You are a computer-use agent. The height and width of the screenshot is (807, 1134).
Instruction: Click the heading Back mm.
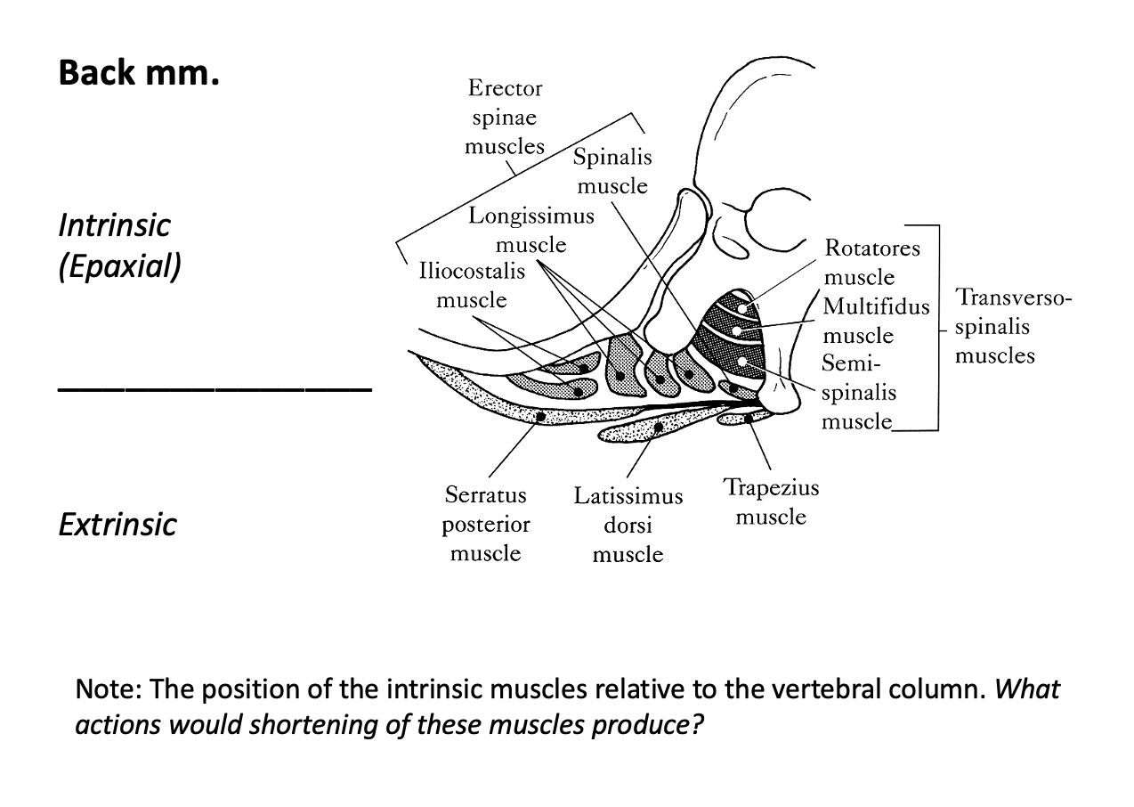(x=138, y=73)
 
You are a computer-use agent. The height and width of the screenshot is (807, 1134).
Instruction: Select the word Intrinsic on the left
(x=113, y=225)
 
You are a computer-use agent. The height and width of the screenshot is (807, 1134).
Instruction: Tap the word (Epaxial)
(x=119, y=267)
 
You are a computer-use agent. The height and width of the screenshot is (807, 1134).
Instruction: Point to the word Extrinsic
(x=117, y=525)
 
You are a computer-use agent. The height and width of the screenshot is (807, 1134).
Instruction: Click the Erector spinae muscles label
(x=504, y=117)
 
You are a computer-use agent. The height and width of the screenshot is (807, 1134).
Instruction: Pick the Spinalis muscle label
(x=612, y=172)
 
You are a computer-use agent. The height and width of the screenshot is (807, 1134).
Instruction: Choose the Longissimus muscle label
(x=531, y=230)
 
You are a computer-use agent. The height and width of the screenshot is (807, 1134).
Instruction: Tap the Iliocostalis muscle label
(x=472, y=285)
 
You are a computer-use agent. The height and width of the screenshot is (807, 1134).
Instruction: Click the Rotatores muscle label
(x=871, y=262)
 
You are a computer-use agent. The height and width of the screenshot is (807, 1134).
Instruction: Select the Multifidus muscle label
(x=874, y=321)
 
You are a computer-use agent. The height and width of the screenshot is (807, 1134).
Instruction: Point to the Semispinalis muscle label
(x=858, y=392)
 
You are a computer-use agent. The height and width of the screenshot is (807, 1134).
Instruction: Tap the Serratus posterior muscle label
(x=485, y=524)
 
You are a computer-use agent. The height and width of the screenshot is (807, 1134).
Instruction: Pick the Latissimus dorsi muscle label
(x=628, y=525)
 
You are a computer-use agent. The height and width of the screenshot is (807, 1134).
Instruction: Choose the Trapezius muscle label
(x=771, y=502)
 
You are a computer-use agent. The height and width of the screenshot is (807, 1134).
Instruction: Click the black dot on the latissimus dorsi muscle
(x=658, y=428)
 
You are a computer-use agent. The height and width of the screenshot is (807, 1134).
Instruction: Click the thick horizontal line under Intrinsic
(x=214, y=389)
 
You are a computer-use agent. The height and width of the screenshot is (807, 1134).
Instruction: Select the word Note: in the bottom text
(x=111, y=689)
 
